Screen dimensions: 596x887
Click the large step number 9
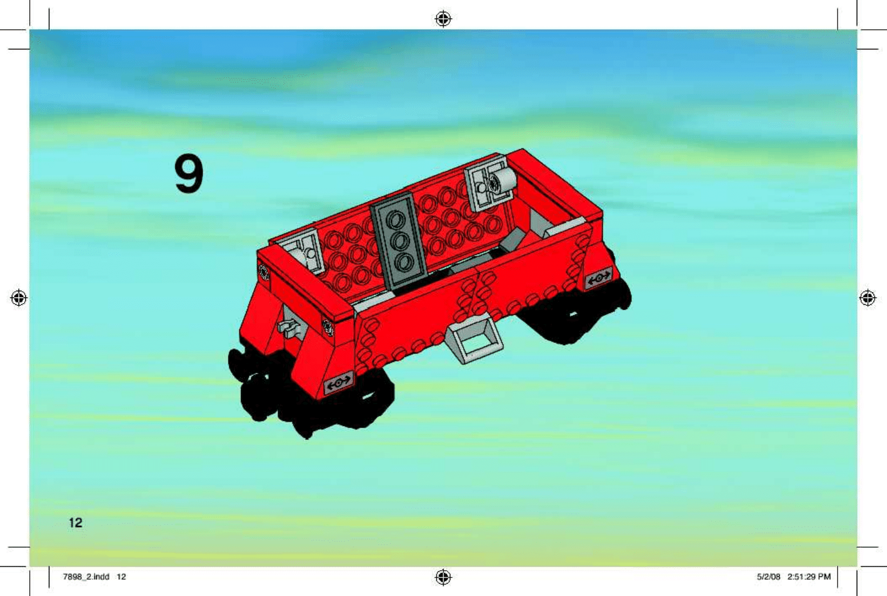coord(189,173)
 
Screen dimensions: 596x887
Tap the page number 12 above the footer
coord(75,523)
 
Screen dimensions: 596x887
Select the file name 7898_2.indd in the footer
coord(86,576)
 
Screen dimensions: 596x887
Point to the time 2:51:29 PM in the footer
coord(808,576)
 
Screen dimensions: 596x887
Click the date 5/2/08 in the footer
coord(768,576)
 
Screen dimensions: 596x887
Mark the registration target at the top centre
coord(443,19)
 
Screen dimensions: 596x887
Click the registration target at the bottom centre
coord(443,576)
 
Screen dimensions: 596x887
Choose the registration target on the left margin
coord(19,297)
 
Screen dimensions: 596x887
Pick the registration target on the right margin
coord(867,297)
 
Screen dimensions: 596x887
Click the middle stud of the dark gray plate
coord(399,241)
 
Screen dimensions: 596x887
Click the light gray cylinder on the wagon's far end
coord(502,181)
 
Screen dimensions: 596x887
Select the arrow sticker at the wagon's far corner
coord(598,277)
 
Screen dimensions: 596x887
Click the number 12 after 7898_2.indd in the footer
coord(121,576)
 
